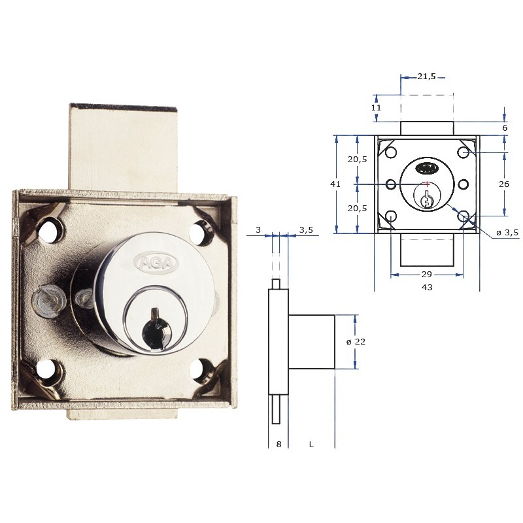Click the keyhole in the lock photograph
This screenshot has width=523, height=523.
[x=156, y=326]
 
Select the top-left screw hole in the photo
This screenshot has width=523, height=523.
[x=48, y=229]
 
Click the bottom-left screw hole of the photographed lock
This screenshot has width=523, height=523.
[x=47, y=370]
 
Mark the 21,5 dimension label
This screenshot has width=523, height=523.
[x=426, y=76]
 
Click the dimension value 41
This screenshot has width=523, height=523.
[x=335, y=184]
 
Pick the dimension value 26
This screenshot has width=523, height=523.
[x=503, y=184]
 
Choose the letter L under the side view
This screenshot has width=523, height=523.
[x=312, y=445]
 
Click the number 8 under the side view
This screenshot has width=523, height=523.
[x=278, y=445]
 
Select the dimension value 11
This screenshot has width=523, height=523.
[x=375, y=107]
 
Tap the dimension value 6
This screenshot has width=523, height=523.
[x=504, y=128]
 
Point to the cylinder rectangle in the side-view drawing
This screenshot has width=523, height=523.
[x=312, y=341]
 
